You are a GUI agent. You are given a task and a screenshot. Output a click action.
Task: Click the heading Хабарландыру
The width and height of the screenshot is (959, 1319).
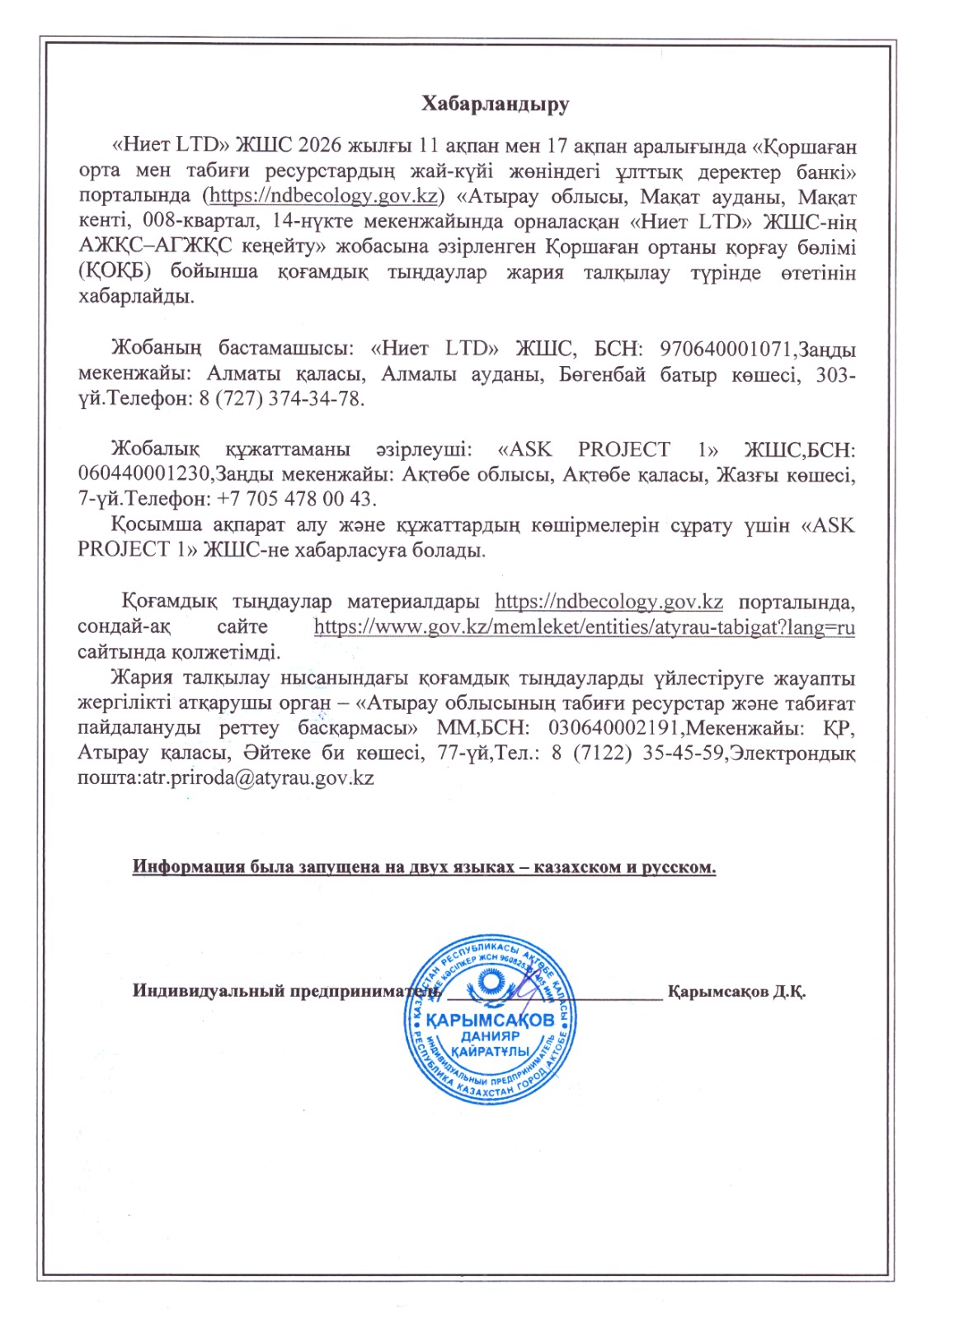tap(496, 104)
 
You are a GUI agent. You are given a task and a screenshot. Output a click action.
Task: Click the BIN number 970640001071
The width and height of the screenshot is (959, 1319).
tap(726, 350)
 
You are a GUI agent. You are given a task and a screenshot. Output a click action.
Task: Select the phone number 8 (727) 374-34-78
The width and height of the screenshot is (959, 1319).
tap(280, 399)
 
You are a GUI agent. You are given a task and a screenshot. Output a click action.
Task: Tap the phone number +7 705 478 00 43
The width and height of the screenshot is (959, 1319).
tap(296, 500)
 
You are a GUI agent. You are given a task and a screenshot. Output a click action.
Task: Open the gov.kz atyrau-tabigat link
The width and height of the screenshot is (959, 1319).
tap(584, 627)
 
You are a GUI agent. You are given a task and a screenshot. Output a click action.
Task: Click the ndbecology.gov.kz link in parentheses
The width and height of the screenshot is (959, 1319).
tap(323, 196)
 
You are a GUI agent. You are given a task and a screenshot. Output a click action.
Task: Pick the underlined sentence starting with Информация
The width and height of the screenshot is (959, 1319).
tap(424, 867)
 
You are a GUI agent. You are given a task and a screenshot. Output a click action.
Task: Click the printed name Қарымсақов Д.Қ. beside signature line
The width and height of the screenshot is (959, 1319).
tap(737, 991)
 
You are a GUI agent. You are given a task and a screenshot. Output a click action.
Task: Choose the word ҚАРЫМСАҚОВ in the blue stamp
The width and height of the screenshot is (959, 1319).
tap(491, 1020)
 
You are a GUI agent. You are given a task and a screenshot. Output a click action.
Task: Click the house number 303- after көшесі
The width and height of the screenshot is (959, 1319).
tap(835, 375)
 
